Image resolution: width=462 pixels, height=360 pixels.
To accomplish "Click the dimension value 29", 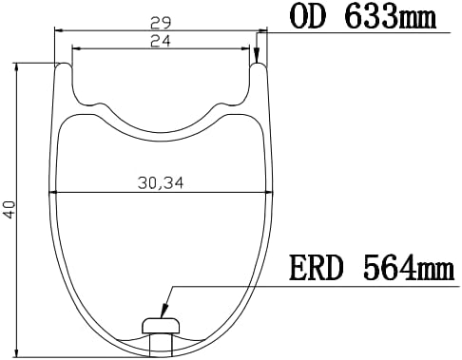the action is (x=161, y=23).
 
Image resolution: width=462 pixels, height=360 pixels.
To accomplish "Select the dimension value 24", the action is (x=161, y=41).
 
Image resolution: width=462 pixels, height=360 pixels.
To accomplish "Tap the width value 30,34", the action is (x=161, y=183).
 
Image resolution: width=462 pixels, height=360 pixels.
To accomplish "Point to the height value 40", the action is (x=10, y=209).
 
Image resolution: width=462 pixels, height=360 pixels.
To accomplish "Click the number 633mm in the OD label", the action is (x=391, y=16).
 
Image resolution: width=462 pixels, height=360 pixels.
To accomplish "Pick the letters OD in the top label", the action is (x=308, y=16).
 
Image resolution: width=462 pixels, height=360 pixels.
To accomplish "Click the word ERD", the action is (x=317, y=268).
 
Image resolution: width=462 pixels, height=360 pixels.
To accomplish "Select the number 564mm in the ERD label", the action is (x=409, y=268).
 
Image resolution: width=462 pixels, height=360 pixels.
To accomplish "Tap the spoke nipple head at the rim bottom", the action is (x=162, y=326).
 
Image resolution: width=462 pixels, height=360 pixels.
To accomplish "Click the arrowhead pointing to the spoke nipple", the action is (x=164, y=311).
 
